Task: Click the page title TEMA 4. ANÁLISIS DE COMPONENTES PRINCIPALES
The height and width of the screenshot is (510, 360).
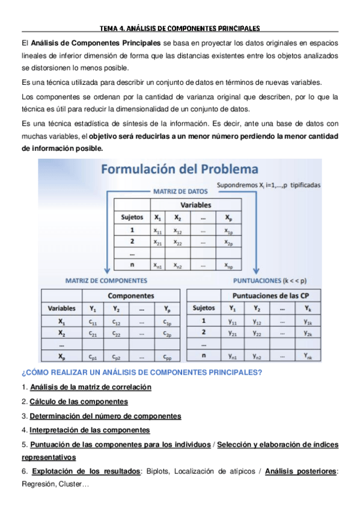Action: coord(180,28)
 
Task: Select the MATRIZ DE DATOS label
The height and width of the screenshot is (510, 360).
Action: coord(180,192)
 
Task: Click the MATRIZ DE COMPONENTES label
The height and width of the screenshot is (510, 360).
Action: coord(106,280)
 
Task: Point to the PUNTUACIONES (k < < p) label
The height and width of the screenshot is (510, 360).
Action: coord(269,280)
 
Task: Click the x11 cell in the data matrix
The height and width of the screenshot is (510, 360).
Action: coord(157,230)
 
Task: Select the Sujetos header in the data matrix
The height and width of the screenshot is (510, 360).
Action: coord(132,218)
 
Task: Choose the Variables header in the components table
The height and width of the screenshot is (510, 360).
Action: coord(62,309)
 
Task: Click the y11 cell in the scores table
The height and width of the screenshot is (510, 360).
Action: coord(233,321)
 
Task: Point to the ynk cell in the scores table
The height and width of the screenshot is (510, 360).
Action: coord(308,357)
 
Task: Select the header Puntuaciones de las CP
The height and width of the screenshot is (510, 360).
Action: coord(270,296)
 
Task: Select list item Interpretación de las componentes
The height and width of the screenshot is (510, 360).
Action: coord(90,431)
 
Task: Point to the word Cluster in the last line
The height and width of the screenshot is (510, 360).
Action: coord(73,484)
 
